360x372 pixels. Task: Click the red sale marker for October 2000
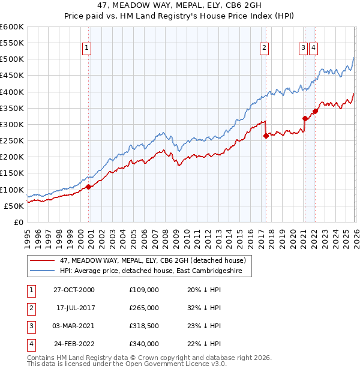(x=89, y=187)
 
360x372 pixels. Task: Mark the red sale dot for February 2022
(x=315, y=111)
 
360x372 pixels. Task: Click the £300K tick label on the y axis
(x=12, y=124)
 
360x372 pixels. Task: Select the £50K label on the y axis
(x=14, y=206)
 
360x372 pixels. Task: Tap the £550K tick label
(x=12, y=43)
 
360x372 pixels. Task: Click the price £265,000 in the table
(x=144, y=308)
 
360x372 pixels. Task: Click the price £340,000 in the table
(x=144, y=344)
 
